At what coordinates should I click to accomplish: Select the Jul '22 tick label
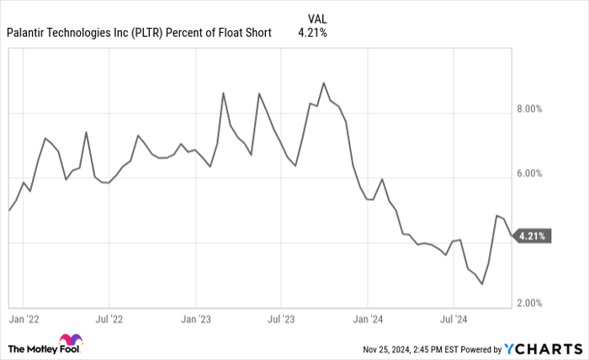(109, 320)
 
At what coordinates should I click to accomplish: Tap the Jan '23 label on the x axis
(196, 320)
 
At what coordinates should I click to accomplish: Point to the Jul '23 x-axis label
(282, 320)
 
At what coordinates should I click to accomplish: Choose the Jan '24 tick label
(368, 320)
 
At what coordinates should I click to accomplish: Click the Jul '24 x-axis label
(454, 320)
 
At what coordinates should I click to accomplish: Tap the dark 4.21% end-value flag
(532, 236)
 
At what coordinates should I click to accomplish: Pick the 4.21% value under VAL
(312, 34)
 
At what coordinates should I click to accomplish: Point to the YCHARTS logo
(543, 348)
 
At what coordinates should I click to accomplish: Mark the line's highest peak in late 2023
(324, 83)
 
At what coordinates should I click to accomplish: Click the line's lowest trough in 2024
(482, 284)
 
